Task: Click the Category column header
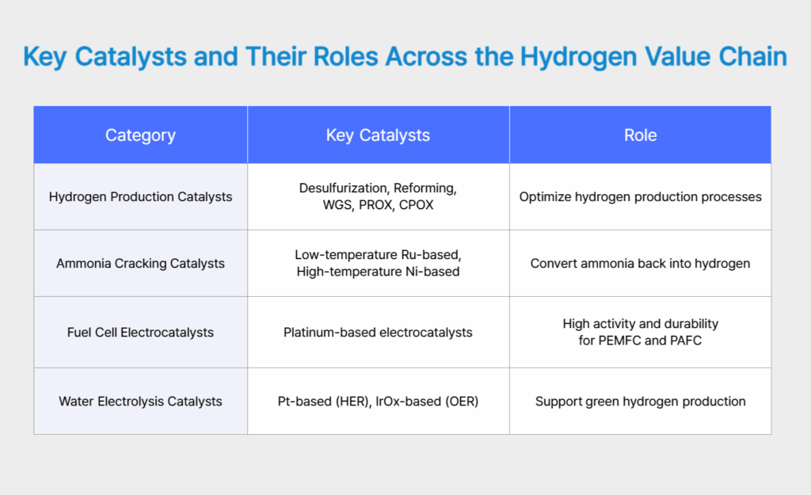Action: point(140,135)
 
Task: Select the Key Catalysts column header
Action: point(378,135)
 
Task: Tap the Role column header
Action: point(640,135)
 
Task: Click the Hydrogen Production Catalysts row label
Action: point(140,196)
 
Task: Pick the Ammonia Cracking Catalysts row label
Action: point(140,264)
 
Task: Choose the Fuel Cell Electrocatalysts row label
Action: point(140,332)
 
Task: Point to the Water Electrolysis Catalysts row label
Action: point(140,402)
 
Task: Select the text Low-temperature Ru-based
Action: point(378,255)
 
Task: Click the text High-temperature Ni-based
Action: point(378,272)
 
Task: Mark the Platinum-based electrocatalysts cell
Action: point(378,332)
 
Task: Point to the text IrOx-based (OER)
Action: point(428,402)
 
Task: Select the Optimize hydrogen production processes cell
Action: point(640,196)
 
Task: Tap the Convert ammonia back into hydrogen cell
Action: point(640,264)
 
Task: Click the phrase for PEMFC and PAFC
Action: point(640,341)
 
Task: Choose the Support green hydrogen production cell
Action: point(640,402)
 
